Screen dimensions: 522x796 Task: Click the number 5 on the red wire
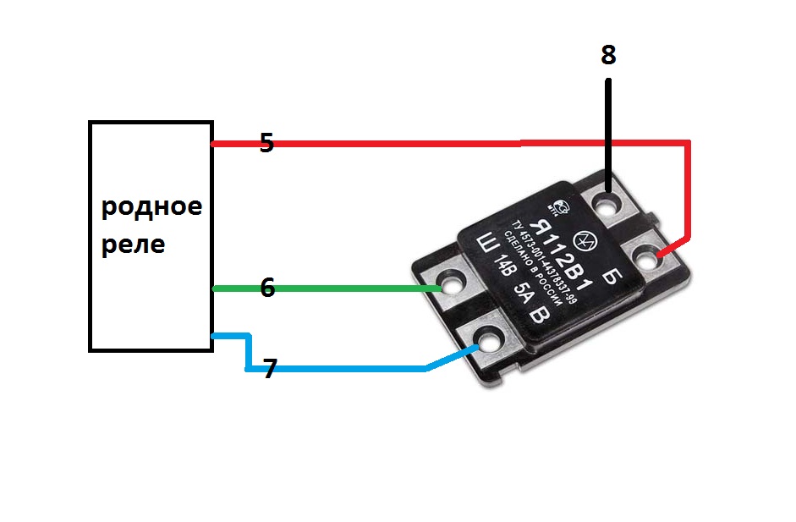point(266,142)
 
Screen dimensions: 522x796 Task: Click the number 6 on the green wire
point(267,288)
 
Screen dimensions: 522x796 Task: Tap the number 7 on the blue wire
point(270,369)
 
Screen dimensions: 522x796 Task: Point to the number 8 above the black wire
point(608,56)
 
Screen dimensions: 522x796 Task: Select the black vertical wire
point(608,127)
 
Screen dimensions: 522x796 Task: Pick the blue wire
point(338,369)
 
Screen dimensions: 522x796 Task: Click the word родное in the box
point(152,207)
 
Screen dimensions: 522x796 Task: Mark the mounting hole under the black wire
point(608,204)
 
